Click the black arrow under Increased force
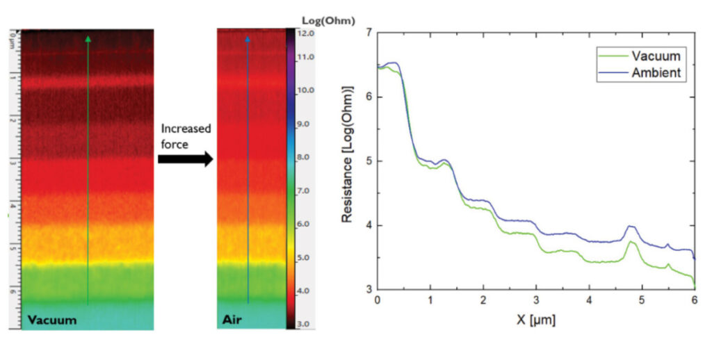tap(184, 159)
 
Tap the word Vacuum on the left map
tap(52, 320)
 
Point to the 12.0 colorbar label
tap(307, 33)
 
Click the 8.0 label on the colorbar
tap(307, 157)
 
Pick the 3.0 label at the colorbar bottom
tap(307, 324)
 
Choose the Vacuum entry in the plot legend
tap(656, 56)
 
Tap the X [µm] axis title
tap(535, 320)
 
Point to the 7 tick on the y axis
tap(368, 32)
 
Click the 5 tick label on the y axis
tap(368, 161)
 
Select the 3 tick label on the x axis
tap(535, 300)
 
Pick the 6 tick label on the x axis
tap(695, 300)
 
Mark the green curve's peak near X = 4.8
tap(631, 241)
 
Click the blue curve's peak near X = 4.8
tap(631, 226)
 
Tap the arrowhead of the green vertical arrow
tap(88, 40)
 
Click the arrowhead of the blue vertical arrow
tap(248, 40)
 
